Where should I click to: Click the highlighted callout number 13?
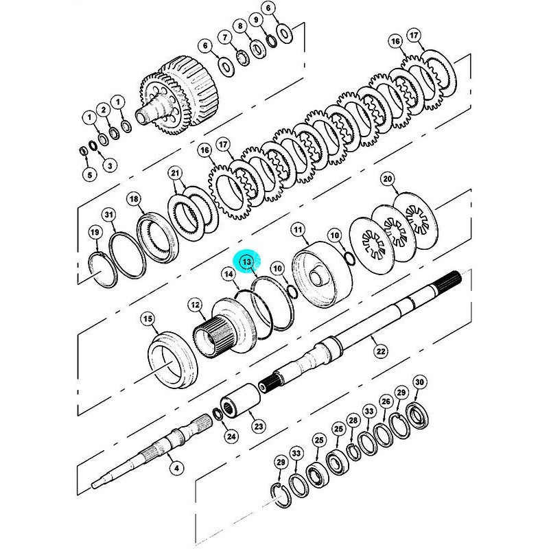pyautogui.click(x=247, y=262)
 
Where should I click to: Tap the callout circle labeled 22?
pyautogui.click(x=381, y=351)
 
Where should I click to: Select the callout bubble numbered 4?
pyautogui.click(x=176, y=468)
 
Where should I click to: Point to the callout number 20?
pyautogui.click(x=388, y=180)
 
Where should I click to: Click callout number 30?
pyautogui.click(x=419, y=382)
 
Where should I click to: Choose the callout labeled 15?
pyautogui.click(x=148, y=319)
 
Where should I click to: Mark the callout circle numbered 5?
pyautogui.click(x=90, y=174)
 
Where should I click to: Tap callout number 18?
pyautogui.click(x=134, y=200)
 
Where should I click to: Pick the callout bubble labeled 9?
pyautogui.click(x=256, y=20)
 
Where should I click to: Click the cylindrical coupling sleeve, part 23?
pyautogui.click(x=240, y=399)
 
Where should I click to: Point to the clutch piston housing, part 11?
pyautogui.click(x=321, y=274)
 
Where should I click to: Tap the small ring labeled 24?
pyautogui.click(x=218, y=413)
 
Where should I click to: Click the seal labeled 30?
pyautogui.click(x=417, y=415)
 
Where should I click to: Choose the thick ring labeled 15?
pyautogui.click(x=173, y=360)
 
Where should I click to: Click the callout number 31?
pyautogui.click(x=109, y=214)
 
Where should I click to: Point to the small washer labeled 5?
pyautogui.click(x=84, y=151)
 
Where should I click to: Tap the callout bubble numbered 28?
pyautogui.click(x=353, y=420)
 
